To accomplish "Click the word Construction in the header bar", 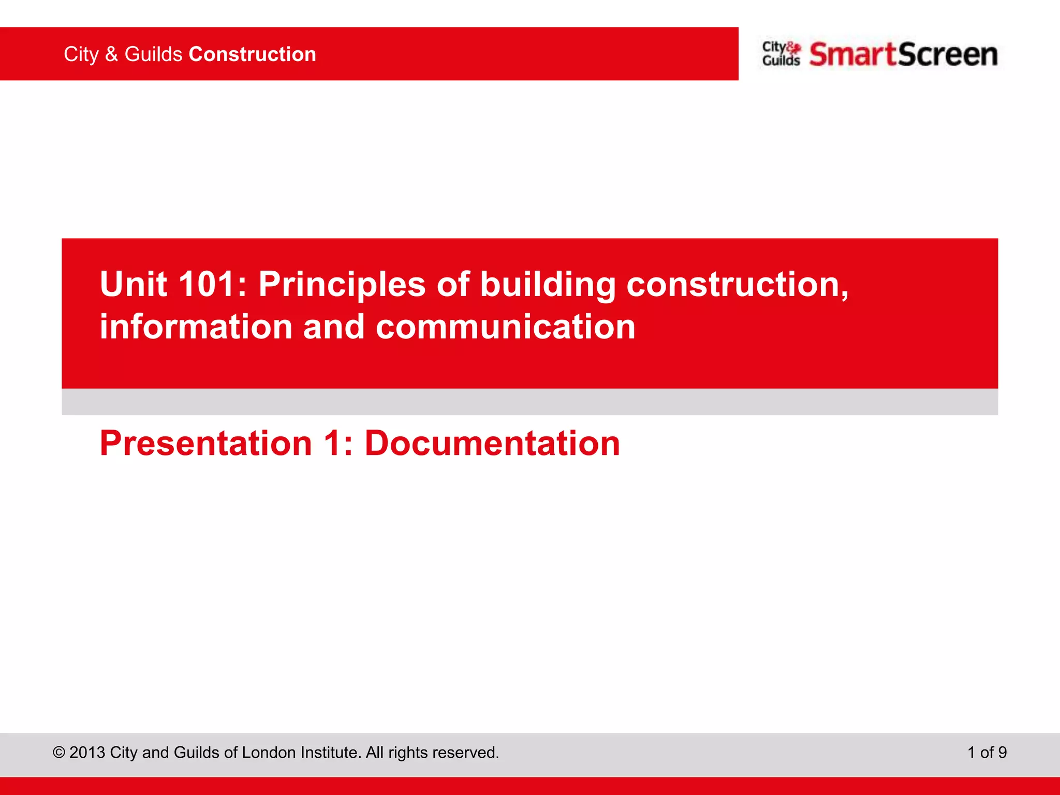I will pos(252,54).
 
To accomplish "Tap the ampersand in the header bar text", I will pos(111,54).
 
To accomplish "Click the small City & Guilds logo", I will pos(781,54).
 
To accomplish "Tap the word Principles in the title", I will pos(342,284).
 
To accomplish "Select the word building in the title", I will pos(548,284).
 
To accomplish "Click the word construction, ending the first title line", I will pos(737,284).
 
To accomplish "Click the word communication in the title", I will pos(505,327).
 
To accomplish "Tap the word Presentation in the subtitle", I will pos(206,444).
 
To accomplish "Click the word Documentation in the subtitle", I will pos(492,444).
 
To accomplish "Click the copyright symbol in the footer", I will pos(59,753).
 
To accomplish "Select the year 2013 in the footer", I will pos(87,753).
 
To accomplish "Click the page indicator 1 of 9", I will pos(987,753).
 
